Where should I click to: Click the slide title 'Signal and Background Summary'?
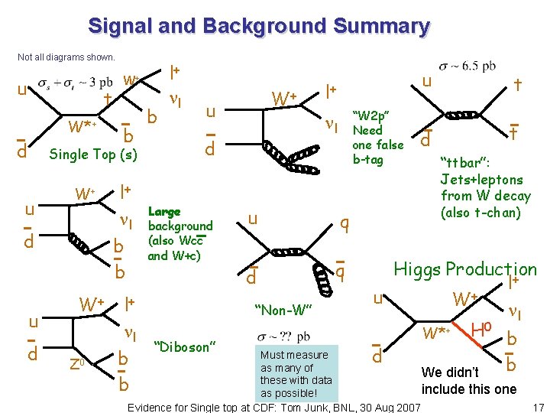(x=259, y=27)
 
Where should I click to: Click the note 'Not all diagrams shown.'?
(x=66, y=57)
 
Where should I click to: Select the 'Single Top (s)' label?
(x=93, y=154)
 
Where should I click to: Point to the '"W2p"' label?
(x=371, y=114)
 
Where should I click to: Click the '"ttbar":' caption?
(x=469, y=163)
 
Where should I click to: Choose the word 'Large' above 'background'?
(x=164, y=211)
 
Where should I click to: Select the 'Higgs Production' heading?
(x=464, y=269)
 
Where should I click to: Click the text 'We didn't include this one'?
(x=468, y=381)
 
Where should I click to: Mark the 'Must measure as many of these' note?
(x=296, y=374)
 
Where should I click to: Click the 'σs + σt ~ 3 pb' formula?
(x=76, y=82)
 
